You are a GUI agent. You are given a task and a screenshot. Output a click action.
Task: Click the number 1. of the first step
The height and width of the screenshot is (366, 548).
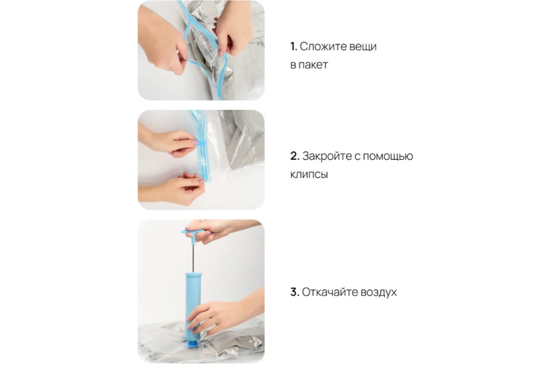(294, 46)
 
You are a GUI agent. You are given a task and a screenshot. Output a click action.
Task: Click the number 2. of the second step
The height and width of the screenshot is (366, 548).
(295, 156)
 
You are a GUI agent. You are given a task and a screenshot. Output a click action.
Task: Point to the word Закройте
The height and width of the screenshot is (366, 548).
(327, 156)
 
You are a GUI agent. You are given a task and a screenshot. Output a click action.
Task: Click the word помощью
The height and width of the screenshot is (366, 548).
(388, 156)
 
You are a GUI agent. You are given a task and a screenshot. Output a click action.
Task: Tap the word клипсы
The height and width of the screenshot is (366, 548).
(309, 175)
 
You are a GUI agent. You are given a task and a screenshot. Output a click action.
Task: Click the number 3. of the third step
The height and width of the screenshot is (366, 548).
(295, 292)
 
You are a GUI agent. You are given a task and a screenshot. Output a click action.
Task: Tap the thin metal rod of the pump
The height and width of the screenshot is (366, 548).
(193, 258)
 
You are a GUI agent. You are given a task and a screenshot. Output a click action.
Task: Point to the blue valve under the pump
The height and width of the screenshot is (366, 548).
(193, 344)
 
